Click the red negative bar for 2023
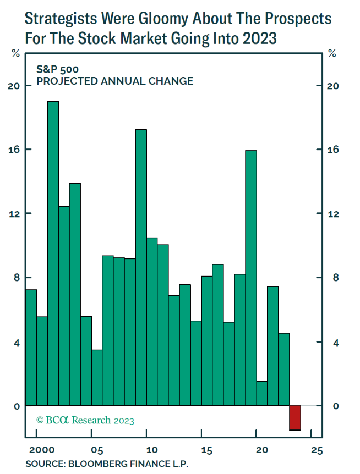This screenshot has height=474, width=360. click(295, 418)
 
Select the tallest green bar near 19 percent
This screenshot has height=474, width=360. click(53, 253)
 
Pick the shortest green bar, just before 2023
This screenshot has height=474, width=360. click(262, 394)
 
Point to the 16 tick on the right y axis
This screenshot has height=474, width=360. click(334, 150)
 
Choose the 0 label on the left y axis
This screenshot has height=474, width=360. click(17, 406)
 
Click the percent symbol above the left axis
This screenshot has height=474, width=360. click(15, 53)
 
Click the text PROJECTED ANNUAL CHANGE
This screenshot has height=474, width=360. click(114, 81)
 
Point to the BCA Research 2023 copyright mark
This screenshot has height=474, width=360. click(85, 421)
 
